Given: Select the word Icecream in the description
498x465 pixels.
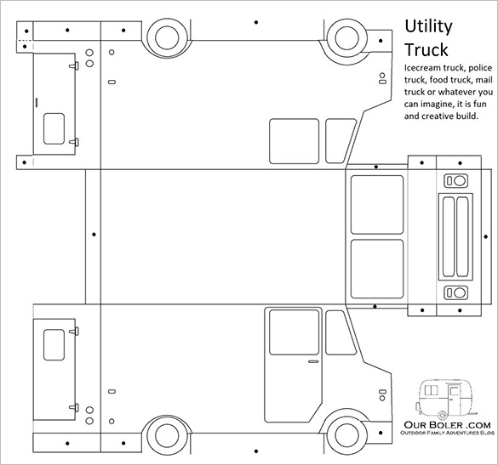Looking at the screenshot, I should point(422,66).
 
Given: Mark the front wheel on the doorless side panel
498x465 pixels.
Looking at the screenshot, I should point(346,37).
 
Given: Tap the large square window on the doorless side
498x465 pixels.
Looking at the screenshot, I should point(294,139).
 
